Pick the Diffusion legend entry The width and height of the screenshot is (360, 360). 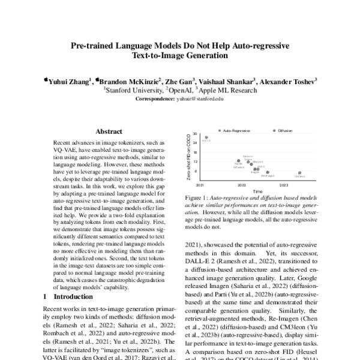pos(285,129)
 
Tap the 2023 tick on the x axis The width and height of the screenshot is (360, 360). pos(284,185)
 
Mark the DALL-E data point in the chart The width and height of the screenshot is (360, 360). pos(206,137)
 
